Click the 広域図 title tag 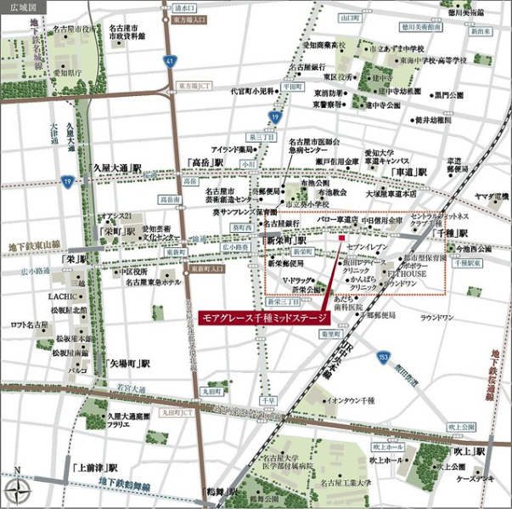pyautogui.click(x=20, y=6)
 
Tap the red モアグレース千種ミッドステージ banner pyautogui.click(x=262, y=316)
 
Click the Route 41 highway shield pyautogui.click(x=170, y=60)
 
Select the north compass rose pyautogui.click(x=17, y=489)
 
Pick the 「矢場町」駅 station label pyautogui.click(x=127, y=361)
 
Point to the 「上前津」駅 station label pyautogui.click(x=94, y=467)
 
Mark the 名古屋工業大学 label pyautogui.click(x=346, y=483)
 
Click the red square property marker pyautogui.click(x=341, y=239)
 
